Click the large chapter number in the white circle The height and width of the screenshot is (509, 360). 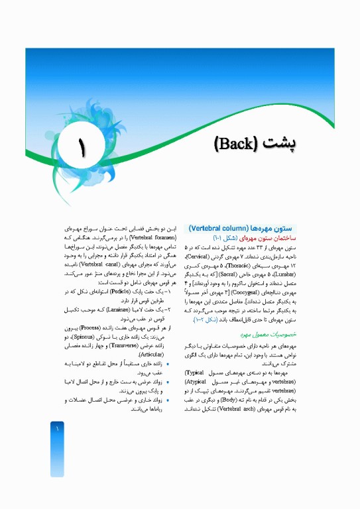(82, 147)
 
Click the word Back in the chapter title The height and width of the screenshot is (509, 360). (239, 144)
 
